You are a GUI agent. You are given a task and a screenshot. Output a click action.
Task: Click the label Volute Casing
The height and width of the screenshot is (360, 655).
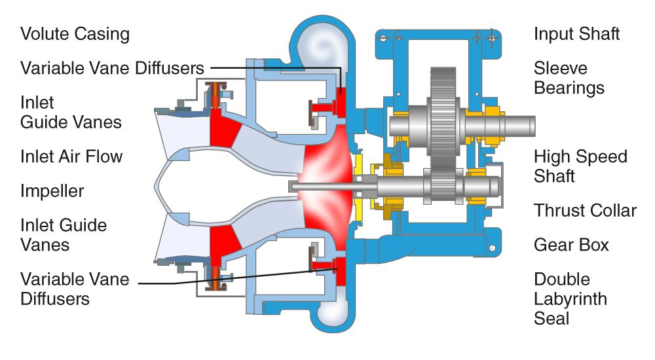coord(75,34)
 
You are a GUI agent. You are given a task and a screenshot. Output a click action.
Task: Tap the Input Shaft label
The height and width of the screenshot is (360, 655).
coord(576,34)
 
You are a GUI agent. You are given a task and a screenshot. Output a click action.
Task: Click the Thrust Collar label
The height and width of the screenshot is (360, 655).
coord(585,211)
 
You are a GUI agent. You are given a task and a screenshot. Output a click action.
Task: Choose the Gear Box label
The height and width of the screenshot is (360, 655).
coord(571,245)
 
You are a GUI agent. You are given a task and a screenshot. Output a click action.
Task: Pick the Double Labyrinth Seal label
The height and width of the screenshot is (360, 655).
coord(570,299)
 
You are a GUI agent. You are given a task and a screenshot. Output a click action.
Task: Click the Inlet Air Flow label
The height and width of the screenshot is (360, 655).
coord(71,156)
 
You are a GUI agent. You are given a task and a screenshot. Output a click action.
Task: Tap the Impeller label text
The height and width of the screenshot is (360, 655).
coord(52,191)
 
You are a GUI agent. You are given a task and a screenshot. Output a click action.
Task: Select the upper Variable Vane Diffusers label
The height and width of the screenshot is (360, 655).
coord(112,68)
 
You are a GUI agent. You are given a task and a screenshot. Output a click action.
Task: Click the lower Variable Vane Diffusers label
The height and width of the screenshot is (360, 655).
coord(75,289)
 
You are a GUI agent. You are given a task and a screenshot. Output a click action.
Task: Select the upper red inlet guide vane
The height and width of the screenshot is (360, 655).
coord(222,126)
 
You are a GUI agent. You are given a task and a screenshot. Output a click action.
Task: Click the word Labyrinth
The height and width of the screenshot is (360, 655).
coord(570,299)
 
